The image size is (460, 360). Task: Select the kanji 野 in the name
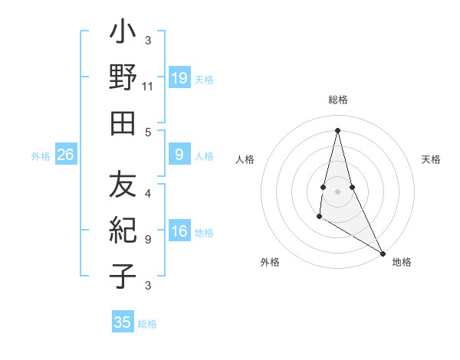(x=123, y=78)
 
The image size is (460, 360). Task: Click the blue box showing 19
(x=179, y=78)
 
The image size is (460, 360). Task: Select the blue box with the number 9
(x=179, y=155)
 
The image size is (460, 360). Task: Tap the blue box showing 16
(x=179, y=232)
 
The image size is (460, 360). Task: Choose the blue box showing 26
(x=66, y=155)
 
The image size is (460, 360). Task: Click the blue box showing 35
(x=123, y=322)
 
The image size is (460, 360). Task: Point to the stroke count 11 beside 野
(x=148, y=87)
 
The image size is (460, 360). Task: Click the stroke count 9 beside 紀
(x=148, y=240)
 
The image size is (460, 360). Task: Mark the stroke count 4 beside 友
(x=148, y=194)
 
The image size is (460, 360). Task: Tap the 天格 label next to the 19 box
(x=204, y=80)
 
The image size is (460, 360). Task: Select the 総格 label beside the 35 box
(x=147, y=324)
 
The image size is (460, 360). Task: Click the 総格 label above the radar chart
(x=337, y=100)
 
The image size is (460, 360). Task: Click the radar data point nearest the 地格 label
(x=383, y=252)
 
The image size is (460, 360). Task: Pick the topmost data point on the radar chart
(x=337, y=129)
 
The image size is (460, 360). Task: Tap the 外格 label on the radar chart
(x=270, y=262)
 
